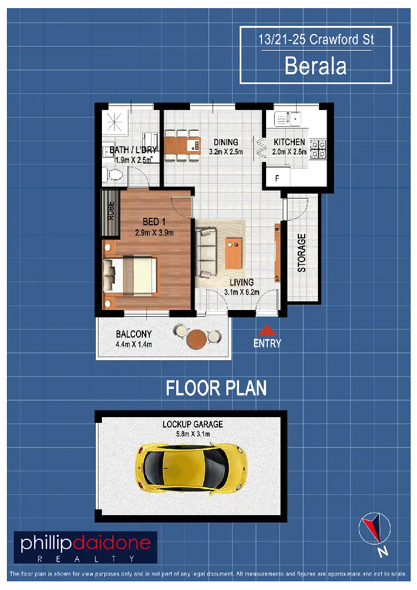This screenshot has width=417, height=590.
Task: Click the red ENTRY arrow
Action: tap(267, 331)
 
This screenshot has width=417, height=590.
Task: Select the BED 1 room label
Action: tap(154, 221)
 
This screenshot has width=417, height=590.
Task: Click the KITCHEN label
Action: tap(289, 142)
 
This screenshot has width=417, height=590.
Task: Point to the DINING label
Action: tap(226, 142)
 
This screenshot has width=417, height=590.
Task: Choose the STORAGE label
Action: tap(301, 253)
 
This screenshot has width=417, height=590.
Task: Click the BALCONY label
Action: tap(134, 334)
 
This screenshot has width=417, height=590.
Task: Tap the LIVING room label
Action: tap(241, 282)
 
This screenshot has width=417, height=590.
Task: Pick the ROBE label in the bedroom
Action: tap(111, 211)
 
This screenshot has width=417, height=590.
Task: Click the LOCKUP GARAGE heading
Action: tap(192, 424)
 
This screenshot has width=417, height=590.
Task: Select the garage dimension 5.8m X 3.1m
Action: tap(192, 434)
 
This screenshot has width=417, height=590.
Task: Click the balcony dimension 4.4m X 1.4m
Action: tap(134, 345)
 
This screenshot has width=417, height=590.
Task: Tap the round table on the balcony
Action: tap(197, 338)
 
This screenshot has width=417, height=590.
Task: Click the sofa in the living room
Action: tap(206, 252)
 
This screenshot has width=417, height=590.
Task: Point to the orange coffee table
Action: tap(234, 252)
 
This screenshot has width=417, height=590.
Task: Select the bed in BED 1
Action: tap(130, 275)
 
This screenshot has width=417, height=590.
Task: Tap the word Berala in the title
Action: tap(316, 66)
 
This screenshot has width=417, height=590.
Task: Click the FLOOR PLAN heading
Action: tap(216, 388)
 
